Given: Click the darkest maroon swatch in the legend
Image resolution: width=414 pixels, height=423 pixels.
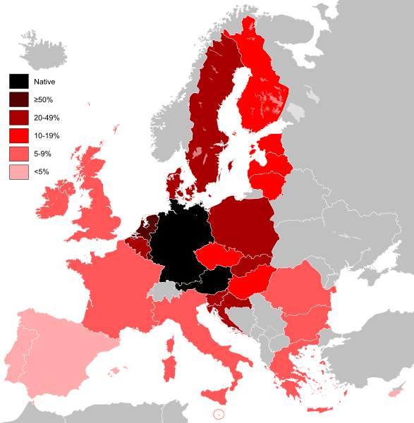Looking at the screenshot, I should pyautogui.click(x=19, y=99).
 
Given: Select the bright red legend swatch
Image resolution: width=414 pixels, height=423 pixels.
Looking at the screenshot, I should pyautogui.click(x=19, y=135).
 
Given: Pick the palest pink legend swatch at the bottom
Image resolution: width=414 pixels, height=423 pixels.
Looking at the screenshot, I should pyautogui.click(x=19, y=171).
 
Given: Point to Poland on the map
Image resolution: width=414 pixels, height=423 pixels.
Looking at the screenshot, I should pyautogui.click(x=240, y=226).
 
